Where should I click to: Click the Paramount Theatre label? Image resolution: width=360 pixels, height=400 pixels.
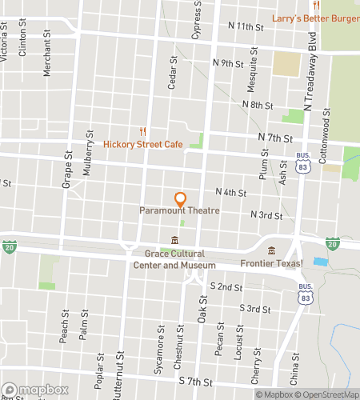point(180,210)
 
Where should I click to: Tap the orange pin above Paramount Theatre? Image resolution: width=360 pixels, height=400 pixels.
point(180,198)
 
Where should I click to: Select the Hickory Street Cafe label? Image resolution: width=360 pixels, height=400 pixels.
point(143,145)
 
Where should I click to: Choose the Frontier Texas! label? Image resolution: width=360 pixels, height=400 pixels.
point(271,263)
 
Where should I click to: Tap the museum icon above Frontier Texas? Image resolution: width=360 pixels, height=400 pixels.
point(271,250)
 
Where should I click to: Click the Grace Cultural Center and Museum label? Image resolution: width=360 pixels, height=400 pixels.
point(174,260)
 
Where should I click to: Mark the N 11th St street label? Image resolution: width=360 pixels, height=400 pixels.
point(246,26)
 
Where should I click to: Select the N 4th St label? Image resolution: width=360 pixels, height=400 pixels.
point(231,192)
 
